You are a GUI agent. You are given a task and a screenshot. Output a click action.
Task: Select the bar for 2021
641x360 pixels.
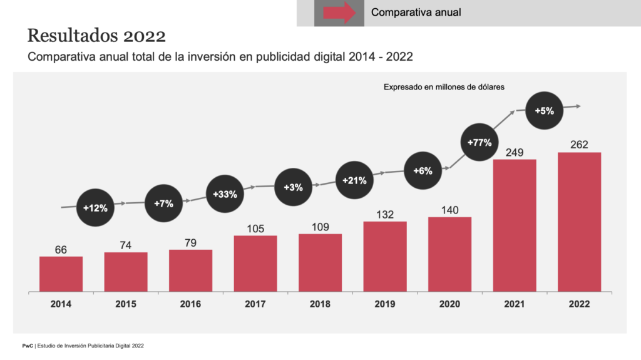[515, 225]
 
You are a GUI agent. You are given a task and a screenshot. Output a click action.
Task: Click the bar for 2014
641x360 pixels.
[61, 274]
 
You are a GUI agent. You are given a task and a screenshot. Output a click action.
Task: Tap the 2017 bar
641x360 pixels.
[255, 264]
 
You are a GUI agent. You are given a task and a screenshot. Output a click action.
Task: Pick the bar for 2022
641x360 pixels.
[579, 222]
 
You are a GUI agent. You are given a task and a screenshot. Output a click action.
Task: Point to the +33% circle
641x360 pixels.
[225, 194]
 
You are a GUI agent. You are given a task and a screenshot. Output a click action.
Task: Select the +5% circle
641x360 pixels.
[544, 111]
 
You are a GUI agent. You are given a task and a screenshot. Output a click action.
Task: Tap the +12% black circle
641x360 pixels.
[96, 207]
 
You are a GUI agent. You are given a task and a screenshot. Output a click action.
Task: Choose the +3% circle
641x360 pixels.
[293, 187]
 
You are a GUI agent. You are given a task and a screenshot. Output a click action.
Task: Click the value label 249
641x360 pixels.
[515, 152]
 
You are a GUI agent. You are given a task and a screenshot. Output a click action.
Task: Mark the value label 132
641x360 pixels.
[384, 215]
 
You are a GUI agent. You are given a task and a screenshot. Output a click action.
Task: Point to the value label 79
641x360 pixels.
[190, 242]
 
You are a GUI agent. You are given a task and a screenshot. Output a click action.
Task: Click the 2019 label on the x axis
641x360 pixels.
[384, 304]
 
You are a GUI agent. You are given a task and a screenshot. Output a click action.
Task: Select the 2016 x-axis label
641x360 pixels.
[190, 304]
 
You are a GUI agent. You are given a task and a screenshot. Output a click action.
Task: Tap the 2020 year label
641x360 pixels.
[449, 304]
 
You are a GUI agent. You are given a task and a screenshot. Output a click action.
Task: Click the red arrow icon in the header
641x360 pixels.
[339, 13]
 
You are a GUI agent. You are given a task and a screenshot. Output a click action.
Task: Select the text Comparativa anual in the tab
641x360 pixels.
[416, 12]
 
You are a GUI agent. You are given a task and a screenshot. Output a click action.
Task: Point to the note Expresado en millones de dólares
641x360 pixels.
[444, 88]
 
